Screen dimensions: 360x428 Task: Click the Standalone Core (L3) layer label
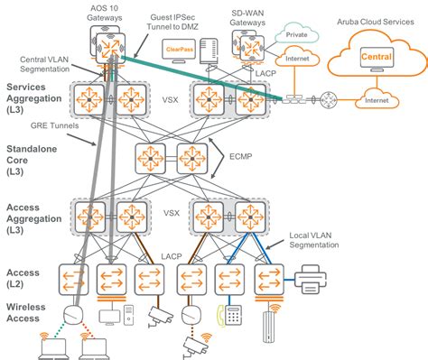[x=33, y=157]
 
